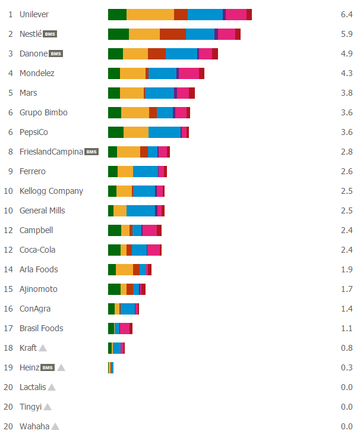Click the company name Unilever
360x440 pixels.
click(x=34, y=14)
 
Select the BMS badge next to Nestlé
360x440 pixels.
click(x=51, y=34)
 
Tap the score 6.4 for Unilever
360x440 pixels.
click(x=347, y=14)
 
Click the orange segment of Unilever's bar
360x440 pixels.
click(x=150, y=14)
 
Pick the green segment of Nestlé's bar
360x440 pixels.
click(x=118, y=34)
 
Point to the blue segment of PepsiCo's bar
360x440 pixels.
click(x=165, y=132)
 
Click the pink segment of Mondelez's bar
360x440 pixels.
click(x=188, y=73)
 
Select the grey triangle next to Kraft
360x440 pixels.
click(x=43, y=348)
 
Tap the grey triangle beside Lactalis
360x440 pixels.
click(x=52, y=387)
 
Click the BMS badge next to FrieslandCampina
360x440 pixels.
click(x=91, y=152)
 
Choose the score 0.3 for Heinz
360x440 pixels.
click(x=347, y=367)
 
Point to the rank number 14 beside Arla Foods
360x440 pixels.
click(x=8, y=269)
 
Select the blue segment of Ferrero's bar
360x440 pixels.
click(x=145, y=171)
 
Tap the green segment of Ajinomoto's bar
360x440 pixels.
click(x=114, y=289)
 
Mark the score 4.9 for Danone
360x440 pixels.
click(x=347, y=54)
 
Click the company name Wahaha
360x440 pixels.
click(x=34, y=426)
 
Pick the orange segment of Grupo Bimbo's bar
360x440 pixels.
click(x=135, y=112)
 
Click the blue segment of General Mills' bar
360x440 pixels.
click(x=141, y=210)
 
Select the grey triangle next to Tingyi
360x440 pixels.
click(x=48, y=407)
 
